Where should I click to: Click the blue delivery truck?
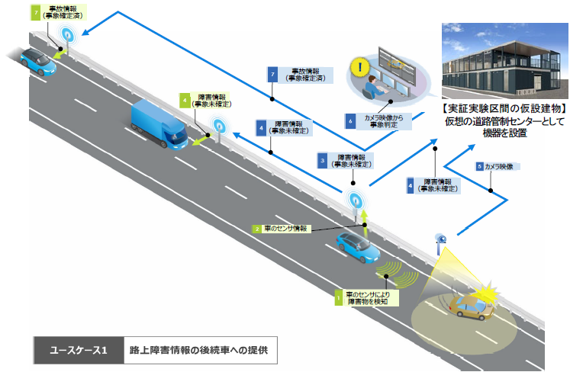click(159, 122)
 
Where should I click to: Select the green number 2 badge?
click(258, 228)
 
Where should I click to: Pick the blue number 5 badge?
click(478, 166)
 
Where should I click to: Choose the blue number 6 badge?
click(350, 120)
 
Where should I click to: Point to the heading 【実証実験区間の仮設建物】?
click(504, 120)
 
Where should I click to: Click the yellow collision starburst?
click(485, 291)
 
